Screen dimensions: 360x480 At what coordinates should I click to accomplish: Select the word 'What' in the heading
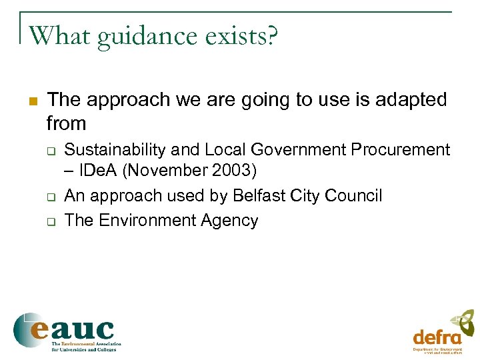(60, 35)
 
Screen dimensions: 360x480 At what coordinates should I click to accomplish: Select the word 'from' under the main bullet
(67, 123)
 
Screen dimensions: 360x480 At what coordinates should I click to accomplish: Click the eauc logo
(65, 331)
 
